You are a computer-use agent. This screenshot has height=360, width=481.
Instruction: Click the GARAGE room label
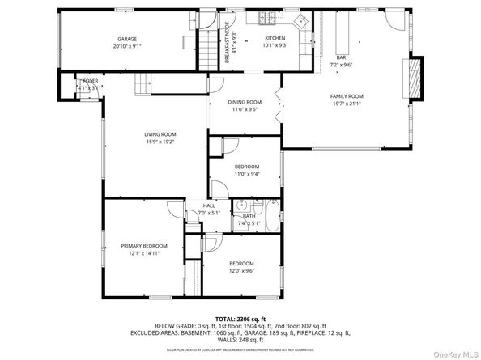click(126, 39)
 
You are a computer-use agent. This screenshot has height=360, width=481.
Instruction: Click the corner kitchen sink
click(304, 20)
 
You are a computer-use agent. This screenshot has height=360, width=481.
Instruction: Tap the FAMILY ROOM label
click(345, 96)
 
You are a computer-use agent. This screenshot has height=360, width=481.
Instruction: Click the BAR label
click(341, 57)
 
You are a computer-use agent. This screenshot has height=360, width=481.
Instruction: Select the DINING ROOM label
click(243, 102)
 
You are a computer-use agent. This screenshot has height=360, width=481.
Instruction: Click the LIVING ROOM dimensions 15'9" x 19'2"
click(160, 142)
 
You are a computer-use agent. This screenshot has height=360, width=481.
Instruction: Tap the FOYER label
click(89, 81)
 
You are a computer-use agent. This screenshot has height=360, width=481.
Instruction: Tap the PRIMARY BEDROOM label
click(144, 246)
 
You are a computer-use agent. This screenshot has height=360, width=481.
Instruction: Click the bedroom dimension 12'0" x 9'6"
click(241, 272)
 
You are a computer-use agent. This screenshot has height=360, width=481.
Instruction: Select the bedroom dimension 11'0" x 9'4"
click(247, 173)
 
